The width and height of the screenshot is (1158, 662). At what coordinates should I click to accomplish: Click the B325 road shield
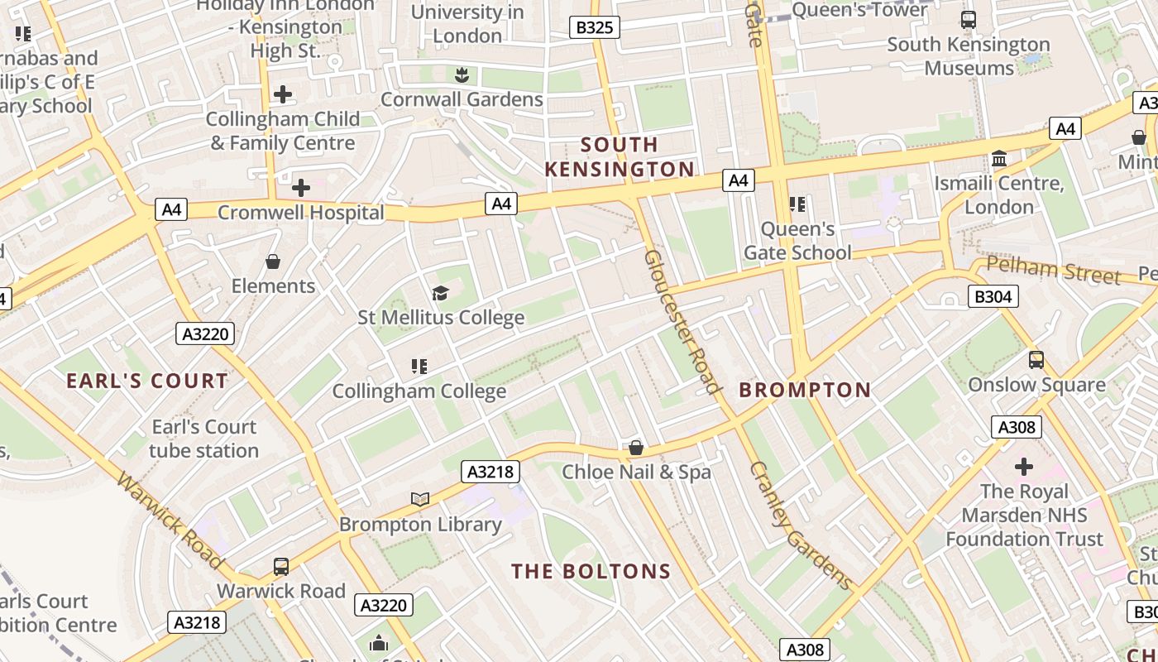594,27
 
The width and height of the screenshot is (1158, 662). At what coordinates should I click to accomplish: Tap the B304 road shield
993,296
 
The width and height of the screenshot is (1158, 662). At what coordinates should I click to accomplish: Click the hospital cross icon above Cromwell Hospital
301,188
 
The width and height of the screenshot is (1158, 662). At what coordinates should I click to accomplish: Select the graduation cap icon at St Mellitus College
440,293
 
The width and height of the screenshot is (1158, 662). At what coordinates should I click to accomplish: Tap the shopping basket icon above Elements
273,262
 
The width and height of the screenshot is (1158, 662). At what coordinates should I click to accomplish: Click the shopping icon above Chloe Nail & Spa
636,448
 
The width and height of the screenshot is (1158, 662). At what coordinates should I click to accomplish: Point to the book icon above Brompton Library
420,499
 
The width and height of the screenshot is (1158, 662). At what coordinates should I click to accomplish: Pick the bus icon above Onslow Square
1036,360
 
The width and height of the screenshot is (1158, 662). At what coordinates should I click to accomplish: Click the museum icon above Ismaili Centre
999,158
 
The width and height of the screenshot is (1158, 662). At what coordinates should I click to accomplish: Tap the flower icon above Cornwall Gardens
462,75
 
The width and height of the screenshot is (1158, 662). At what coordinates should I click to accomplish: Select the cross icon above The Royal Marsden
1024,467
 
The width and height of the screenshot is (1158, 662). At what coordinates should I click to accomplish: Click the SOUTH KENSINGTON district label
620,157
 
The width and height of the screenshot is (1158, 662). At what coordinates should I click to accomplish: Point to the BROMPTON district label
805,390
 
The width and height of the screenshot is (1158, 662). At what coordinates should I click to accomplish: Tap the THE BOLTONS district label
591,571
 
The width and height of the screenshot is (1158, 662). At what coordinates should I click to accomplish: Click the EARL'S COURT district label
147,381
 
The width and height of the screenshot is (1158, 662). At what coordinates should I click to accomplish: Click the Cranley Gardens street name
800,525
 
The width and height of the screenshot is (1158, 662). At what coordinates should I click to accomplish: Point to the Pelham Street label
1055,271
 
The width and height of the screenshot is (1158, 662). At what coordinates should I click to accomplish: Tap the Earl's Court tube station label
203,439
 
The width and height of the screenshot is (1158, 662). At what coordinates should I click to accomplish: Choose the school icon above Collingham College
419,366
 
